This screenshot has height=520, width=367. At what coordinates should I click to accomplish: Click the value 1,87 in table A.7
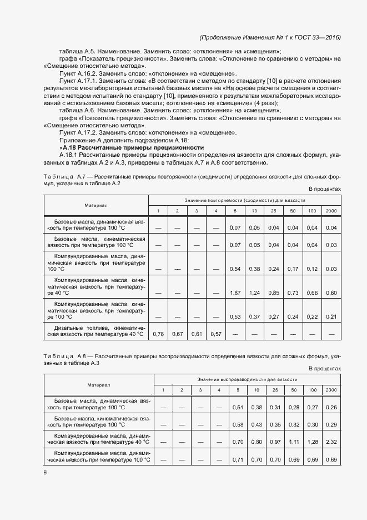pyautogui.click(x=235, y=293)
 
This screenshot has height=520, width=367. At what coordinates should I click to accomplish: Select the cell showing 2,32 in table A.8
pyautogui.click(x=331, y=442)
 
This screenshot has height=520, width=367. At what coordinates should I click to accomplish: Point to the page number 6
pyautogui.click(x=45, y=472)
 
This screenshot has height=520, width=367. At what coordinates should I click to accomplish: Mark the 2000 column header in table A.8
pyautogui.click(x=331, y=390)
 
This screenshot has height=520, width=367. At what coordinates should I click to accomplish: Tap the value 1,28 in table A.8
pyautogui.click(x=313, y=442)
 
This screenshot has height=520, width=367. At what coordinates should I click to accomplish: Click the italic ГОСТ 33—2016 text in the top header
pyautogui.click(x=317, y=37)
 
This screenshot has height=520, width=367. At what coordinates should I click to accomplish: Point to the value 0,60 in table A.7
pyautogui.click(x=331, y=293)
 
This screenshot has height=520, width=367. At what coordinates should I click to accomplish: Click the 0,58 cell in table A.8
pyautogui.click(x=238, y=425)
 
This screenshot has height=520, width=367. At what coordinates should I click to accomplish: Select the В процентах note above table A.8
pyautogui.click(x=324, y=368)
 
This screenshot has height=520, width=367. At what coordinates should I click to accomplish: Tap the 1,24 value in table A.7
pyautogui.click(x=255, y=293)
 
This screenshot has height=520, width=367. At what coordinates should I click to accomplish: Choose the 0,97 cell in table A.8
pyautogui.click(x=275, y=442)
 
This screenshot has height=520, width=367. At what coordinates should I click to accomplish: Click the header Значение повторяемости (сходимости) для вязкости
pyautogui.click(x=245, y=200)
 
